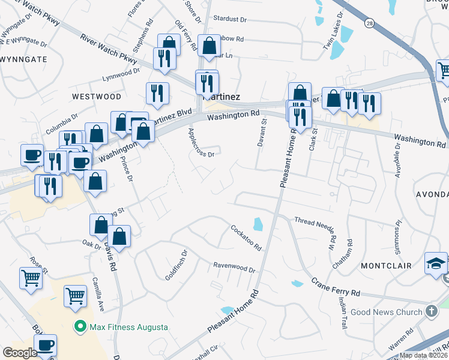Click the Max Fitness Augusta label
[128, 327]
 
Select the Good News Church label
[387, 312]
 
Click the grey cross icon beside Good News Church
[431, 311]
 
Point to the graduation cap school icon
[436, 263]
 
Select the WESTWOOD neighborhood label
[96, 96]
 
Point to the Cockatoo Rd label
[246, 237]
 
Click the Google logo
[20, 352]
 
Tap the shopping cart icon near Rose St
[31, 278]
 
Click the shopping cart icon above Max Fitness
[74, 295]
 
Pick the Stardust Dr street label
[230, 19]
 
